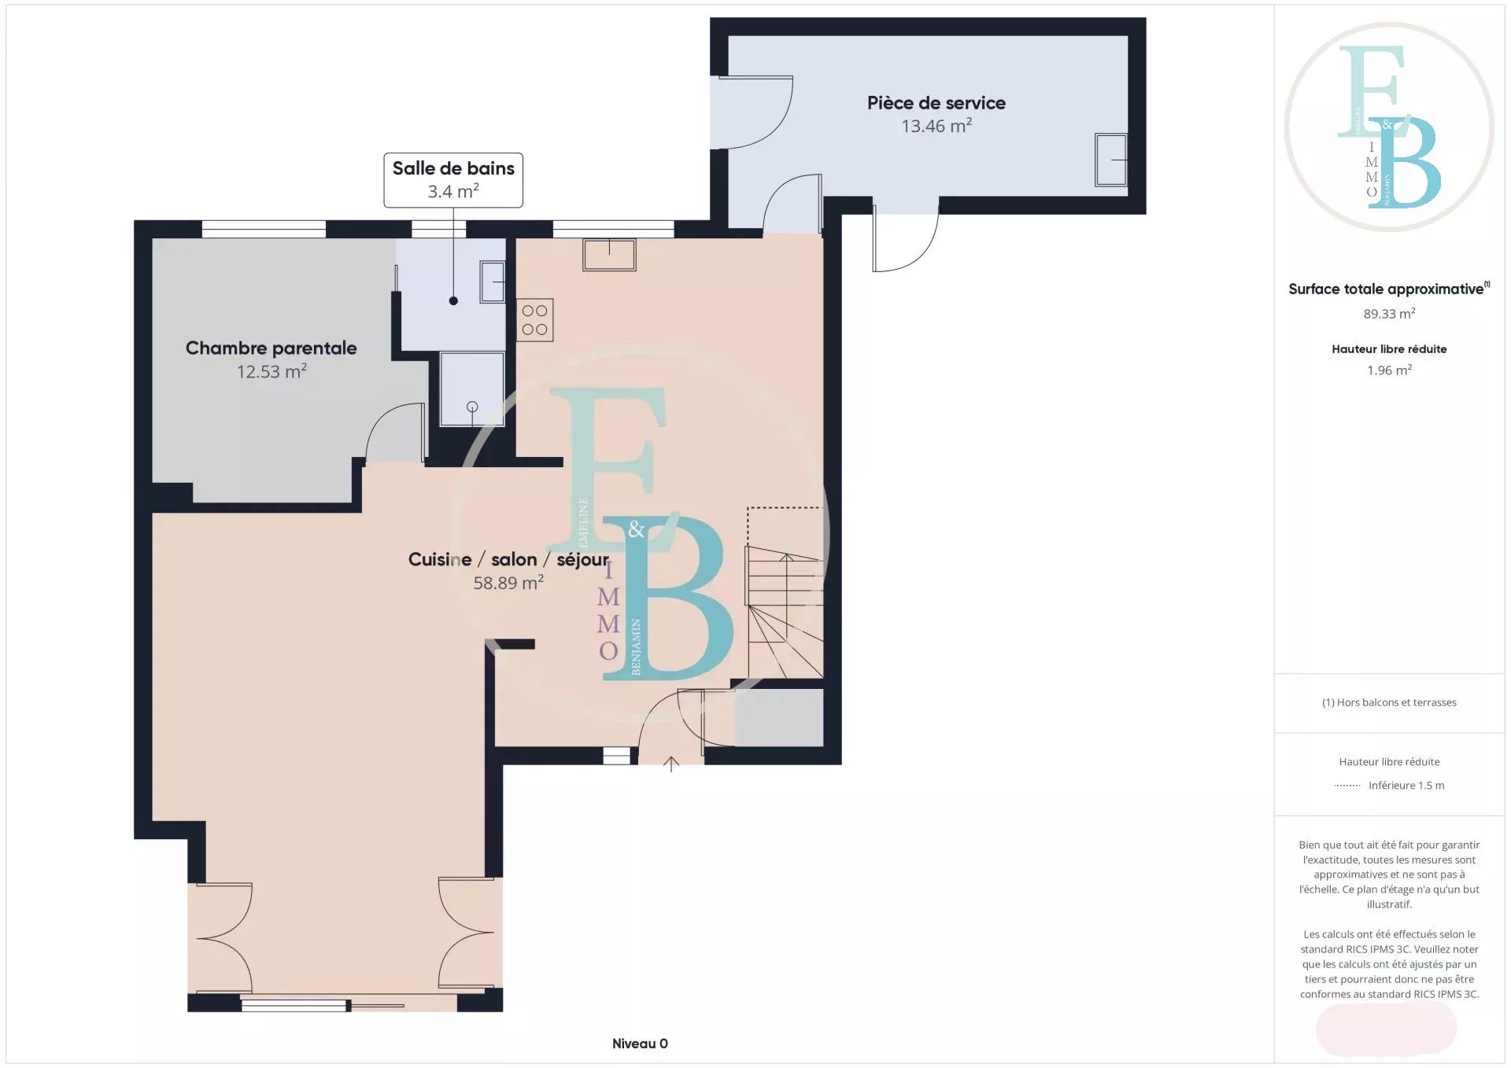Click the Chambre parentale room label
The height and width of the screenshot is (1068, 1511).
pos(271,348)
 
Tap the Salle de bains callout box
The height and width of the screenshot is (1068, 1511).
pos(453,180)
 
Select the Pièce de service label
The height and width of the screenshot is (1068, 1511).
pos(937,103)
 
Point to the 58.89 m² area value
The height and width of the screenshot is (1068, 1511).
pos(508,583)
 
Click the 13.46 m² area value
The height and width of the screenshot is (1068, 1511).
pos(937,126)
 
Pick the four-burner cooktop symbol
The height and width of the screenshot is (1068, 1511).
pos(535,320)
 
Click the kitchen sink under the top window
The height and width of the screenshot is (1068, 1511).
pos(609,255)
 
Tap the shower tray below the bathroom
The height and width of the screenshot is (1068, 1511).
pos(472,389)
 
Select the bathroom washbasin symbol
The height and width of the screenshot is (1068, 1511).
pos(493,282)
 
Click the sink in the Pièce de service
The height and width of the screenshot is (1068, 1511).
pos(1110,160)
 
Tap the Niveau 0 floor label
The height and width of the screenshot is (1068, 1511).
pos(640,1044)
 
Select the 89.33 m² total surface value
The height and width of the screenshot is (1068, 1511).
pos(1389,314)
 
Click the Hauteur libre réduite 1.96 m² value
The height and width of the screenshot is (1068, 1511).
pos(1389,370)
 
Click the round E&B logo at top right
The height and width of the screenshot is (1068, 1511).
pos(1389,127)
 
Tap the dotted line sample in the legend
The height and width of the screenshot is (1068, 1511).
pos(1347,786)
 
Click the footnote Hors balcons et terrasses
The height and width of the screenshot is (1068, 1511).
pos(1389,702)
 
